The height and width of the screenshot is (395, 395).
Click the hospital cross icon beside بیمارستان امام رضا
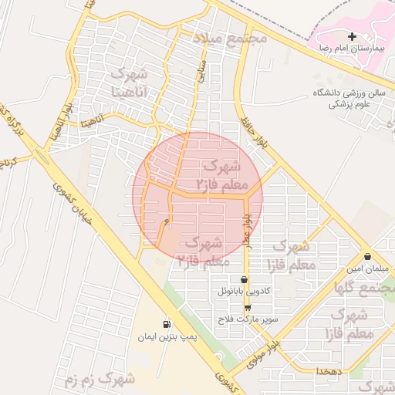(x=353, y=36)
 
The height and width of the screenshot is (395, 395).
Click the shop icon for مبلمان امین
(x=366, y=257)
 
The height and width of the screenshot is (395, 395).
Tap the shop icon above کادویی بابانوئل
(x=245, y=279)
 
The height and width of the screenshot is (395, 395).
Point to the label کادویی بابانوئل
(x=245, y=292)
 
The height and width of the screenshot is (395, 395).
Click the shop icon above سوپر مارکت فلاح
(x=247, y=307)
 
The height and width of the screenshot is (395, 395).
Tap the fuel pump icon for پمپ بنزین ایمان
(x=167, y=324)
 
